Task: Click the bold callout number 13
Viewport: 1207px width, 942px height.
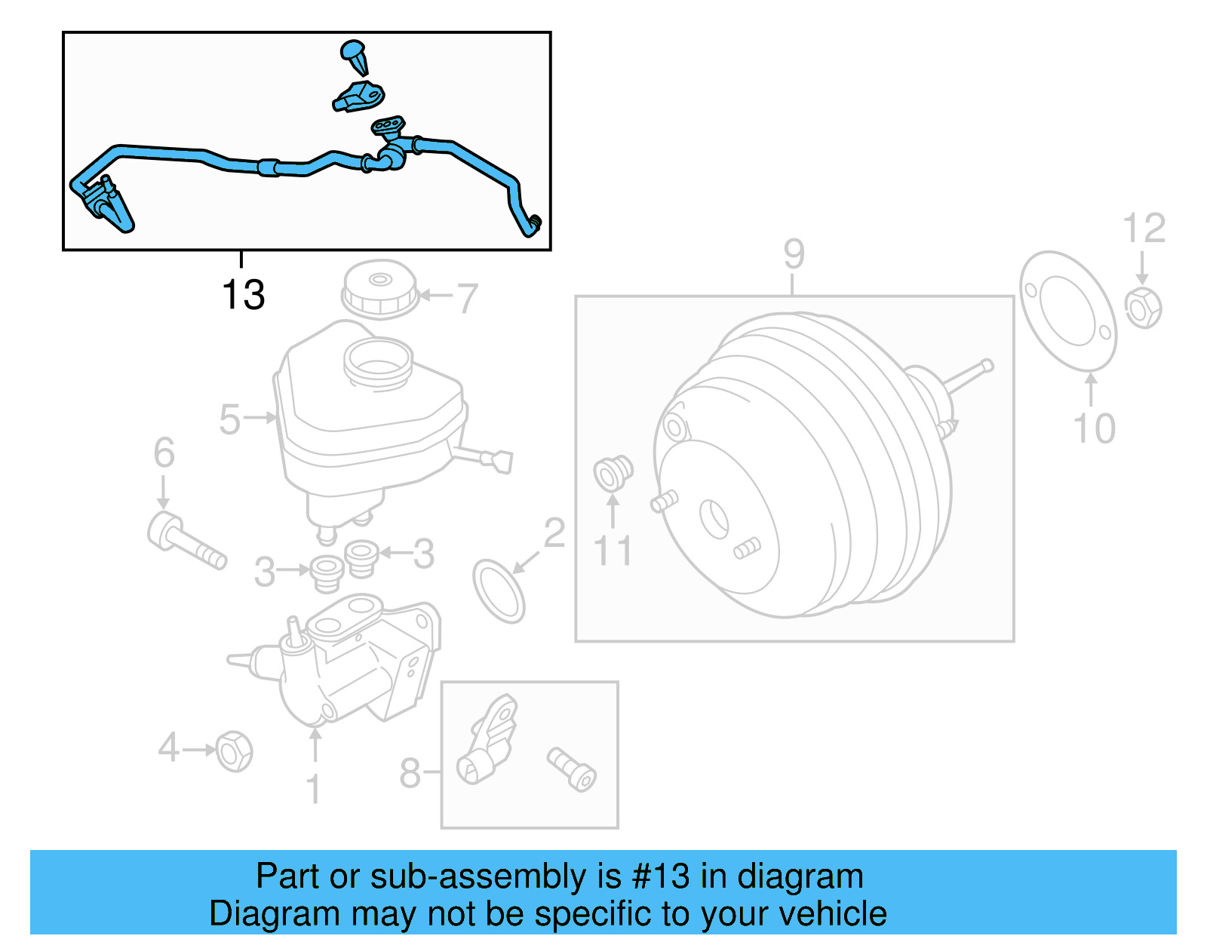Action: [x=243, y=295]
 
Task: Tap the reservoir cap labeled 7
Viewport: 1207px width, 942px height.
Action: [x=379, y=290]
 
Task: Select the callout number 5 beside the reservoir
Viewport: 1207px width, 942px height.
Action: [x=229, y=419]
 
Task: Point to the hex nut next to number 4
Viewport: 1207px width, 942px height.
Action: [x=234, y=751]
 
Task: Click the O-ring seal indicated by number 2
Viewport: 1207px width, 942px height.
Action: [x=499, y=591]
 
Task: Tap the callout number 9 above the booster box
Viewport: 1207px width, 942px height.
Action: [x=794, y=254]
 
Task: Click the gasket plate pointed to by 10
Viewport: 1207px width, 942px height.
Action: [x=1067, y=311]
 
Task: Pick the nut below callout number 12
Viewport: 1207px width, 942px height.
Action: [x=1143, y=308]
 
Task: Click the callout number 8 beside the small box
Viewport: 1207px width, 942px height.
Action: [x=410, y=773]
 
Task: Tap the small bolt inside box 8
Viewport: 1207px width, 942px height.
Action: [x=572, y=769]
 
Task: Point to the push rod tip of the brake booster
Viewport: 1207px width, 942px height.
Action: [x=988, y=366]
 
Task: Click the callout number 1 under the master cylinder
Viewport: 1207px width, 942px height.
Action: [x=314, y=789]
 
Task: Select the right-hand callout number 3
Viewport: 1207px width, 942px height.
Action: [x=423, y=554]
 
